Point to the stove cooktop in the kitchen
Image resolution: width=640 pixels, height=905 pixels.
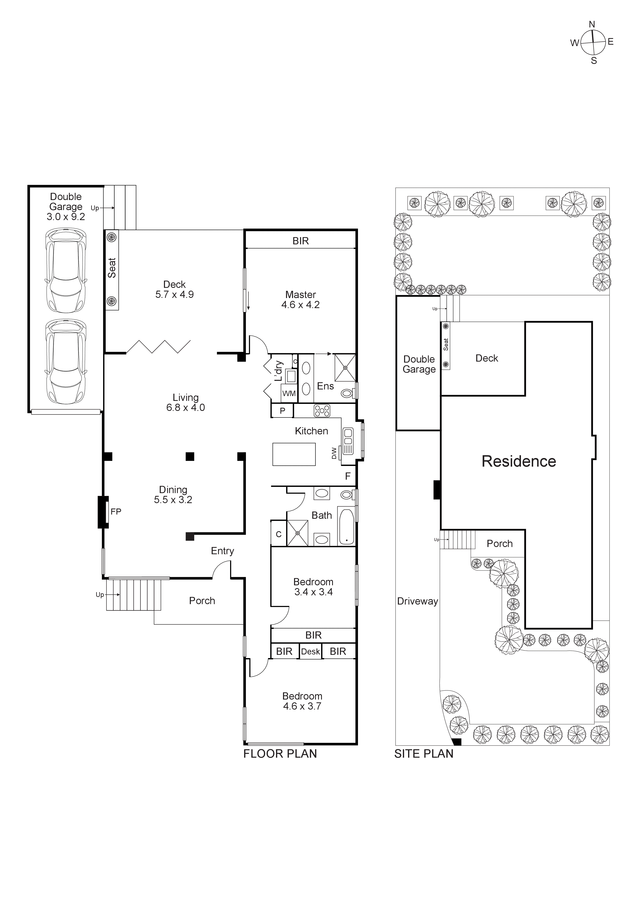pyautogui.click(x=322, y=411)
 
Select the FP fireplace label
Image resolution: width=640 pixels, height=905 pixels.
pyautogui.click(x=116, y=512)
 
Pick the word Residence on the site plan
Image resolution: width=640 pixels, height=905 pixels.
pyautogui.click(x=519, y=462)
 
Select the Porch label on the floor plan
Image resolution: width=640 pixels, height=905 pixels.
pyautogui.click(x=202, y=601)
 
